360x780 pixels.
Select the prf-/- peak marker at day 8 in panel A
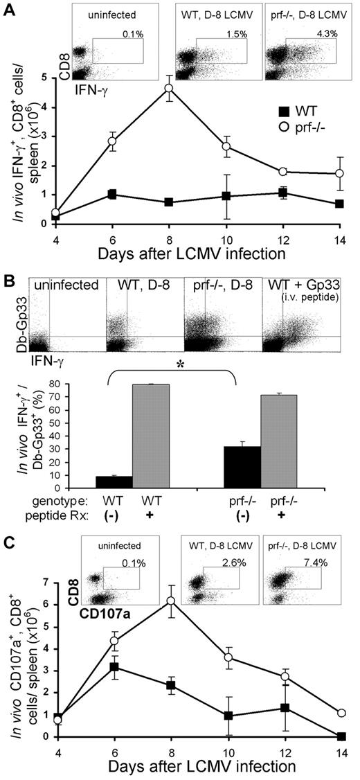(168, 89)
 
